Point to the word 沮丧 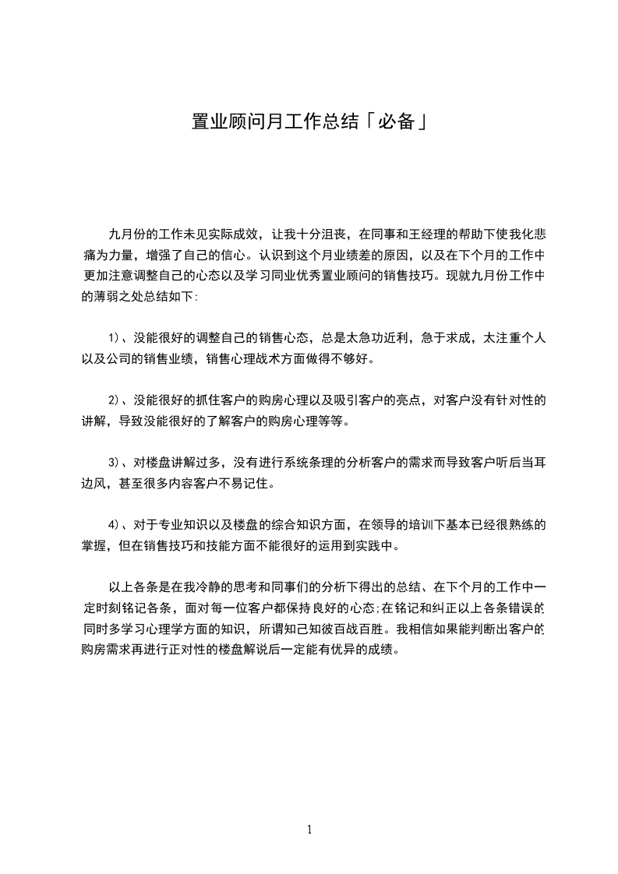327,234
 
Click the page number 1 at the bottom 309,830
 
